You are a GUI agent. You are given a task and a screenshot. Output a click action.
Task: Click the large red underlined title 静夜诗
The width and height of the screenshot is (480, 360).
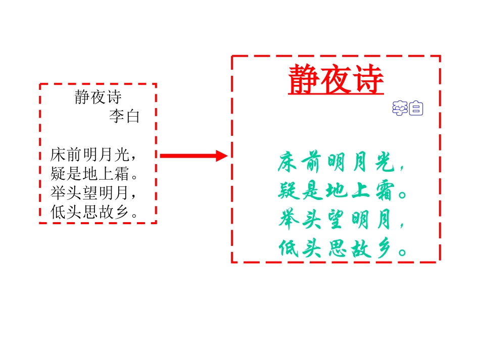[336, 80]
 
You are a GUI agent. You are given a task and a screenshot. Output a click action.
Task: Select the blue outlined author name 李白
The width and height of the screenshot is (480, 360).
[407, 108]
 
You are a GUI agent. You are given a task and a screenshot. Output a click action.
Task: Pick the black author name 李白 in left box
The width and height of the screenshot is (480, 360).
[124, 117]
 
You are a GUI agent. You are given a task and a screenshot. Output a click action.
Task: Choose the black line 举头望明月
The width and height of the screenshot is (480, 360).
[94, 193]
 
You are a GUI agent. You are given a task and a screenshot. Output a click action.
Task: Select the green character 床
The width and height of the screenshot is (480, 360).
[286, 163]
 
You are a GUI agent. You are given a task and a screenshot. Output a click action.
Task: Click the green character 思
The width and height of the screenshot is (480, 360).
[335, 248]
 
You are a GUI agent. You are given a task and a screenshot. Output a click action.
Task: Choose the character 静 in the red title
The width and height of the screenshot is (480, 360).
[304, 80]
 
